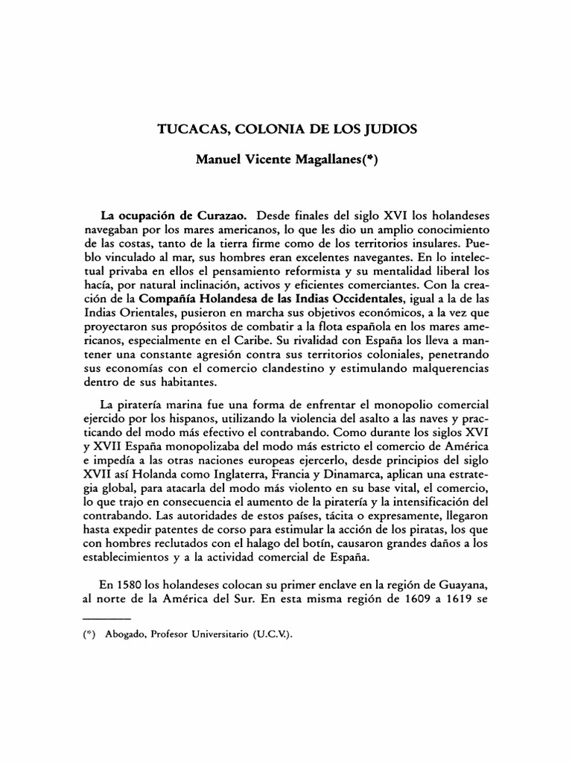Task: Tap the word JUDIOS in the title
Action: (x=389, y=128)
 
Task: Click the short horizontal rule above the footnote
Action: (x=106, y=619)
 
